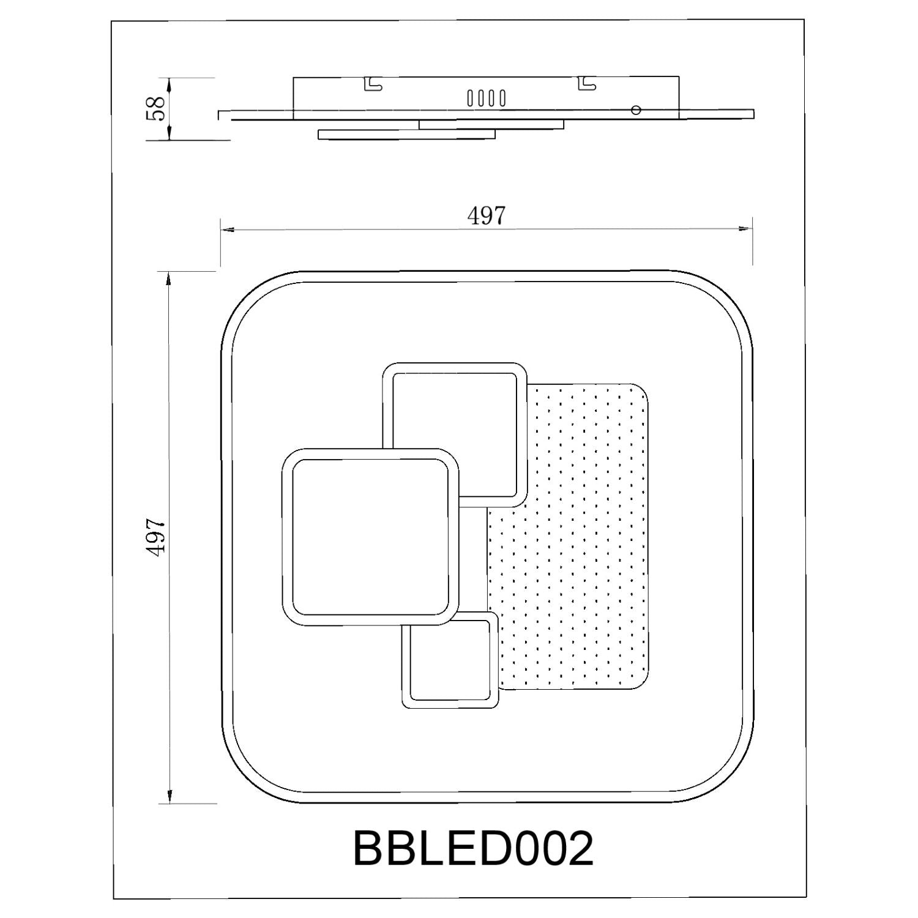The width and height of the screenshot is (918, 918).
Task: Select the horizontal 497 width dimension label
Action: (x=487, y=215)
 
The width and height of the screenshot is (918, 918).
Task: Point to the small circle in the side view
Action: (x=636, y=110)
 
